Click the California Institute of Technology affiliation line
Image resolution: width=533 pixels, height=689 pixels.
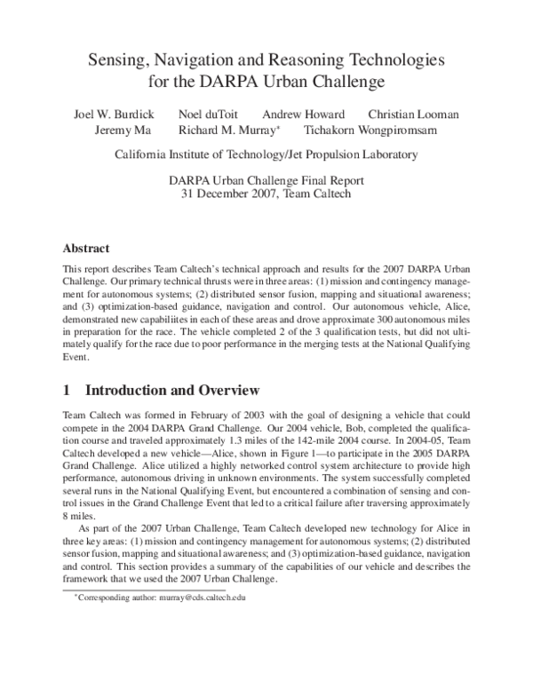click(266, 154)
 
